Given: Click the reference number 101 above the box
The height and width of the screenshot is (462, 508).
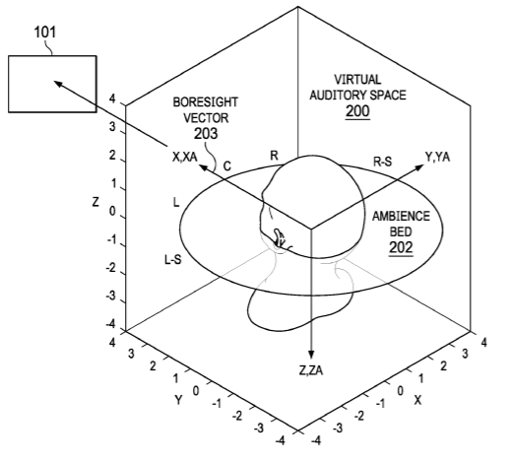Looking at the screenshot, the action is tap(45, 33).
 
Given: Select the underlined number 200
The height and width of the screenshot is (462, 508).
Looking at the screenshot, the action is tap(357, 111).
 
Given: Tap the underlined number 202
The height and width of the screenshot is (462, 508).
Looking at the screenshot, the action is tap(401, 247).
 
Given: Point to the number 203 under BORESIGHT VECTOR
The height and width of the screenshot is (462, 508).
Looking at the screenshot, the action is tap(206, 134).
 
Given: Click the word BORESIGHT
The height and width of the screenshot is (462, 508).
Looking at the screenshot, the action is tap(206, 102).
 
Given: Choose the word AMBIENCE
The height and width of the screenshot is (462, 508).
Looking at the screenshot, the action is tap(401, 216).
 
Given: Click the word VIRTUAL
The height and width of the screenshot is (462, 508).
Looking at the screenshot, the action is tap(357, 80).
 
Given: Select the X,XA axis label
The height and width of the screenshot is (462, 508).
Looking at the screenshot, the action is tap(185, 157).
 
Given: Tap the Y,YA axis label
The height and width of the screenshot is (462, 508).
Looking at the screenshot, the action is tap(437, 157).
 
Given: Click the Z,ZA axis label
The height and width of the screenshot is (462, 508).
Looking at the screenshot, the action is tap(311, 370).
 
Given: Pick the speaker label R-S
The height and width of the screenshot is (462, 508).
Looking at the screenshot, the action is tap(383, 162).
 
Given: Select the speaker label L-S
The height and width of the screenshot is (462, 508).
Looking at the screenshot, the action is tap(173, 260).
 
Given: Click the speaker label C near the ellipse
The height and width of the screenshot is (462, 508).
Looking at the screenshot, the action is tap(227, 166).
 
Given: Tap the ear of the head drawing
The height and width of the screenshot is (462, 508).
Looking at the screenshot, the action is tap(279, 237).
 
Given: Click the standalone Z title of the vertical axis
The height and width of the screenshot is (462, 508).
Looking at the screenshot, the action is tap(95, 202).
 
